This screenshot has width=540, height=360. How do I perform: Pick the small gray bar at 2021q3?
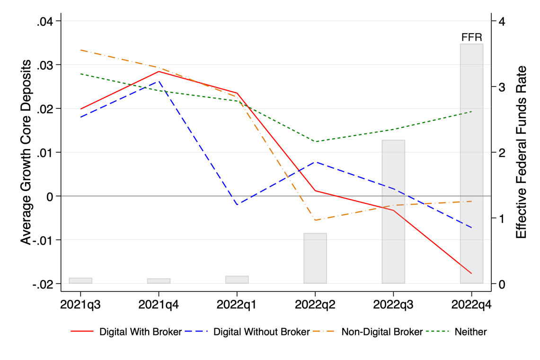[x=80, y=281]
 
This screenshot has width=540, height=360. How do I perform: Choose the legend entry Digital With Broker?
[x=140, y=332]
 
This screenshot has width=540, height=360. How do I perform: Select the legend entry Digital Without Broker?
[x=262, y=332]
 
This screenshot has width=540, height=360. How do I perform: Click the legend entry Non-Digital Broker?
[x=382, y=332]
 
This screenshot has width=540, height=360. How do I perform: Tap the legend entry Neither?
[x=470, y=332]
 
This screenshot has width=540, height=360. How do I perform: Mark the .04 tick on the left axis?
[x=47, y=21]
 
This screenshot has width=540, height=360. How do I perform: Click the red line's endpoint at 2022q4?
[x=471, y=273]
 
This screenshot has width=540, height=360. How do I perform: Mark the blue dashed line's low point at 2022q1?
[x=237, y=204]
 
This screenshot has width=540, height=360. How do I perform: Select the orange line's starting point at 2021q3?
[x=80, y=50]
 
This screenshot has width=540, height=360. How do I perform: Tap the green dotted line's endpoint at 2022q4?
[x=471, y=112]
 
